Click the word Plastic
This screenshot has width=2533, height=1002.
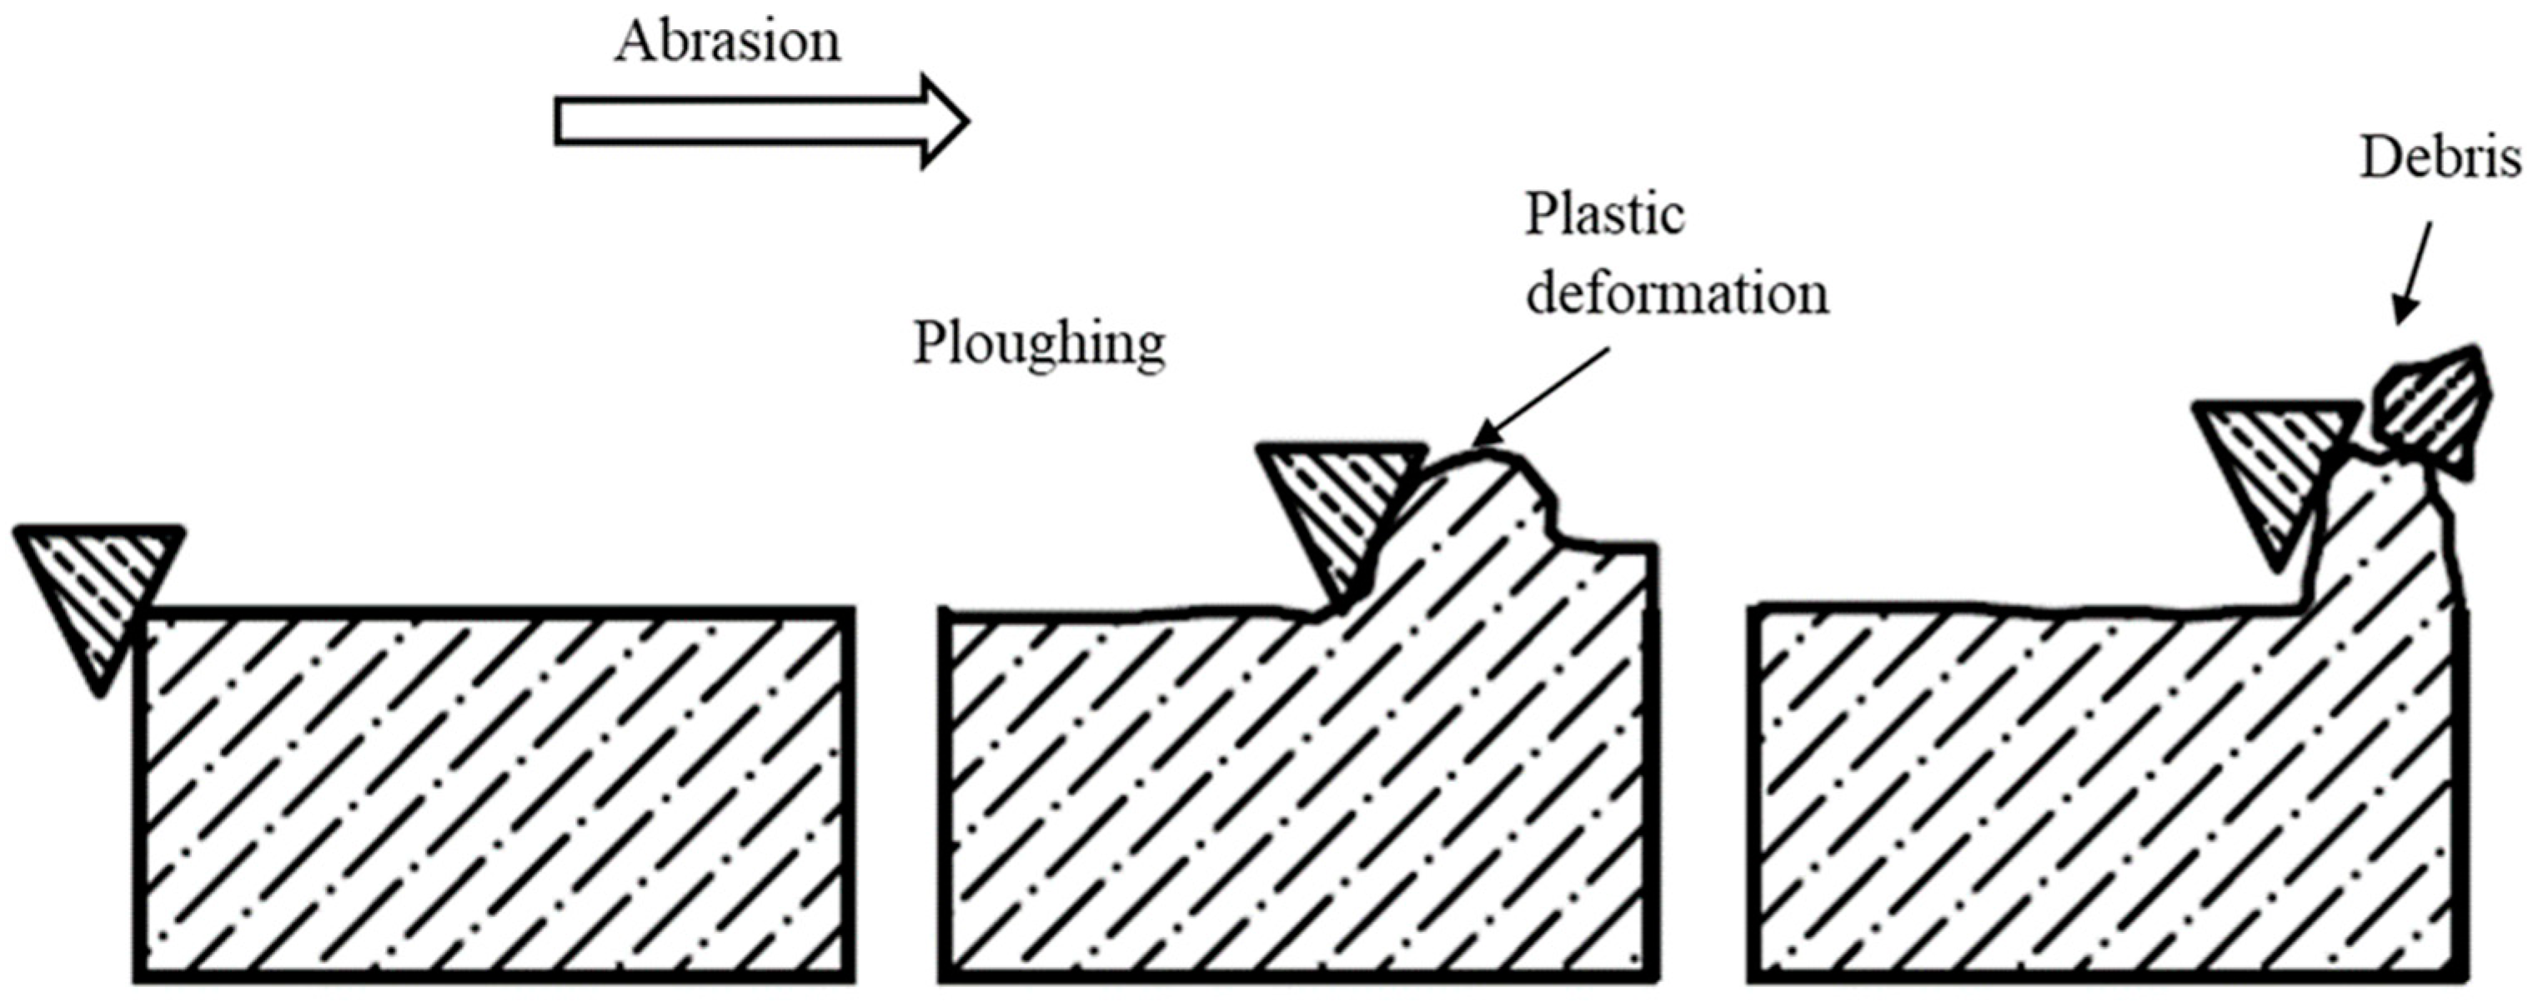1604,214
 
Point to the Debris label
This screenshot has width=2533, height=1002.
2440,158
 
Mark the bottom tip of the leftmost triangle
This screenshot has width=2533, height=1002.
99,694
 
